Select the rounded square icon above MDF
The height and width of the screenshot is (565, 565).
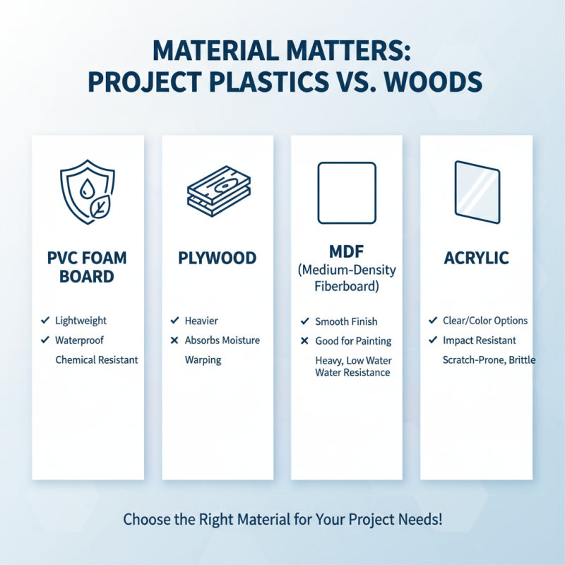coord(346,192)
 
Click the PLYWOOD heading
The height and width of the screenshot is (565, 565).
coord(218,258)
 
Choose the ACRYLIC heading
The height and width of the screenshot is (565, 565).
coord(476,258)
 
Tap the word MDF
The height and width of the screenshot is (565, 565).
coord(346,252)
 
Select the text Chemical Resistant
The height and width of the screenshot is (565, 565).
coord(97,359)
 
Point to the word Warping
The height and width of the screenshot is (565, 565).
coord(203,359)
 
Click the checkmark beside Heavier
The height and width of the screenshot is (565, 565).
coord(174,321)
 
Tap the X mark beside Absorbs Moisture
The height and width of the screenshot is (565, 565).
coord(174,340)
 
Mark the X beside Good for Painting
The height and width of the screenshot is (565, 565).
coord(304,341)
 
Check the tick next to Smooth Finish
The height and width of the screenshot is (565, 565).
coord(304,321)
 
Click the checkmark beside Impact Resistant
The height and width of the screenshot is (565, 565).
coord(432,340)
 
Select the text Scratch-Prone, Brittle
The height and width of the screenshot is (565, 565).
coord(489,359)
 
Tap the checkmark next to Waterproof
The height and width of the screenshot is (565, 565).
coord(44,340)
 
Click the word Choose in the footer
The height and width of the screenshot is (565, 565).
coord(146,520)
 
